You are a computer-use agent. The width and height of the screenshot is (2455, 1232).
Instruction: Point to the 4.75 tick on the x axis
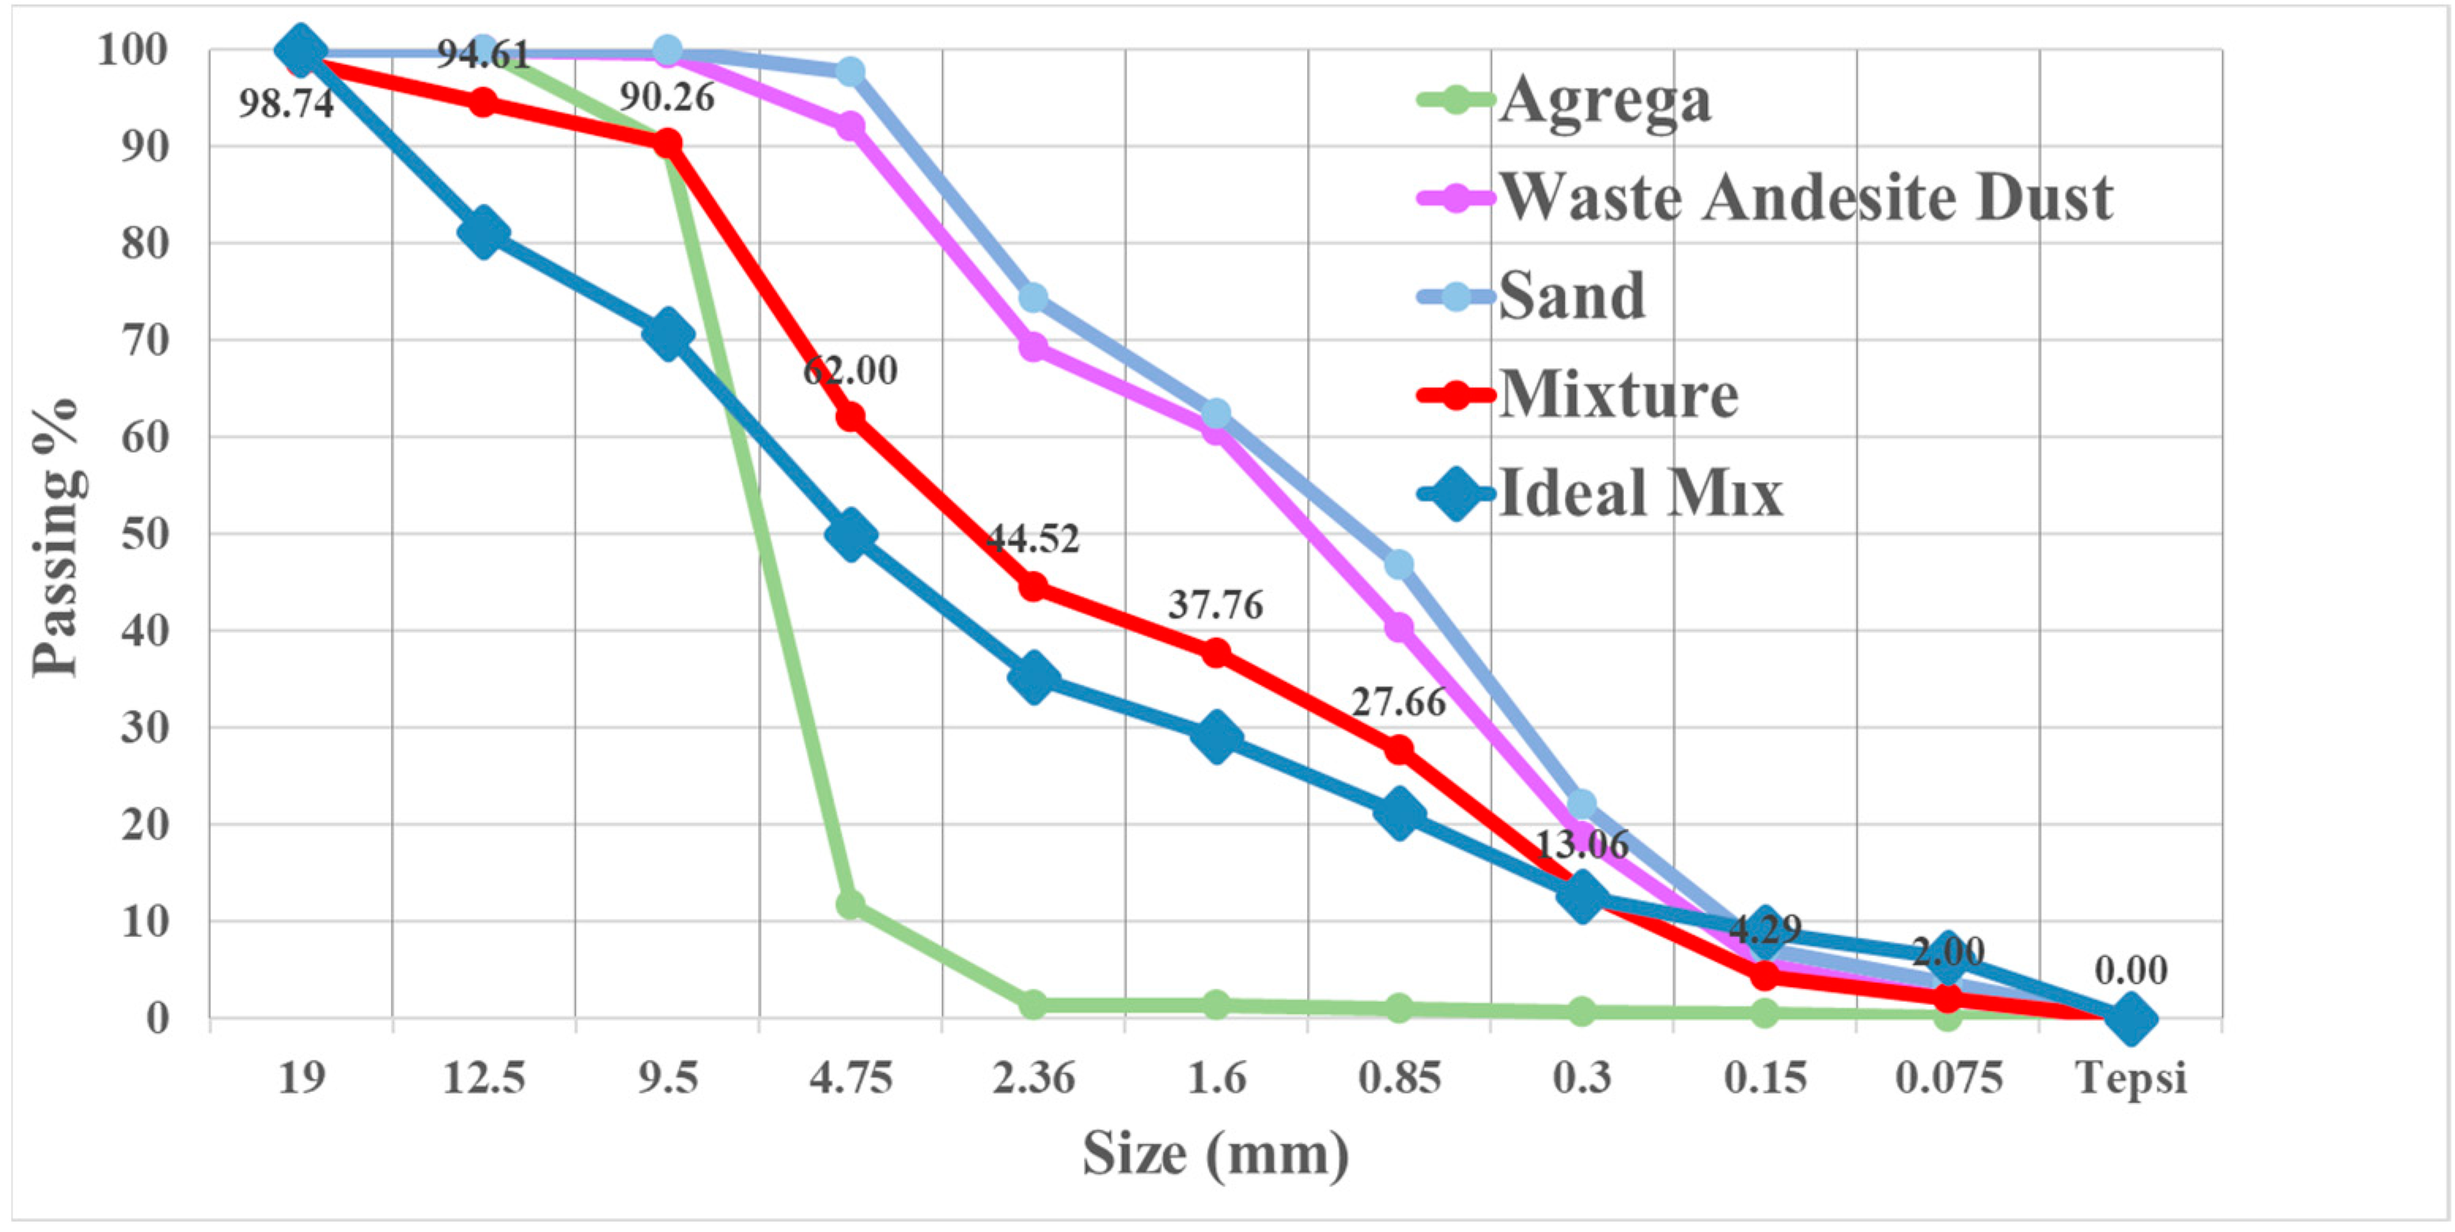point(850,1078)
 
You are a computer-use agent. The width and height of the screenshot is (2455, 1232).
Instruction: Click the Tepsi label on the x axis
point(2131,1078)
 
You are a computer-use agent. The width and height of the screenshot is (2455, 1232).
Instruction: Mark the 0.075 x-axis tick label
point(1948,1078)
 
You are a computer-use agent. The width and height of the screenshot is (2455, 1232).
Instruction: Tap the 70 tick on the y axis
point(144,340)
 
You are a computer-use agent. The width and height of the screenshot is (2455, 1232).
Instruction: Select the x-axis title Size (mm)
point(1215,1154)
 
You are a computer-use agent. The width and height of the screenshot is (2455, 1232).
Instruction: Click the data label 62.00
point(850,370)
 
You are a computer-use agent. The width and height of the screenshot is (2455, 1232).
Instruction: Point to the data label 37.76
point(1215,605)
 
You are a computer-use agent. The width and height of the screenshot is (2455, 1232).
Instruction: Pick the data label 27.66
point(1398,702)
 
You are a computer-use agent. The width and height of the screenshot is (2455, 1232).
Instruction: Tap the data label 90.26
point(667,97)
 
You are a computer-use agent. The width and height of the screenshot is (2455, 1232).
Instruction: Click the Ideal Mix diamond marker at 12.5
point(483,233)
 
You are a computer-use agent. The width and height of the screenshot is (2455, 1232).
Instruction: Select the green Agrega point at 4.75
point(850,904)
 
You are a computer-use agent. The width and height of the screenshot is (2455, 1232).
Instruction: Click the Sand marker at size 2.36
point(1033,298)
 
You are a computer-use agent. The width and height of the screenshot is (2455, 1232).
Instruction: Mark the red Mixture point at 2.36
point(1033,586)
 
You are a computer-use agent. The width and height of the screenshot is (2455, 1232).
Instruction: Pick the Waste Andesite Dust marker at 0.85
point(1398,627)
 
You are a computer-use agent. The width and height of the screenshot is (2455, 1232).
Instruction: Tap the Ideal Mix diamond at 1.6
point(1215,737)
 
